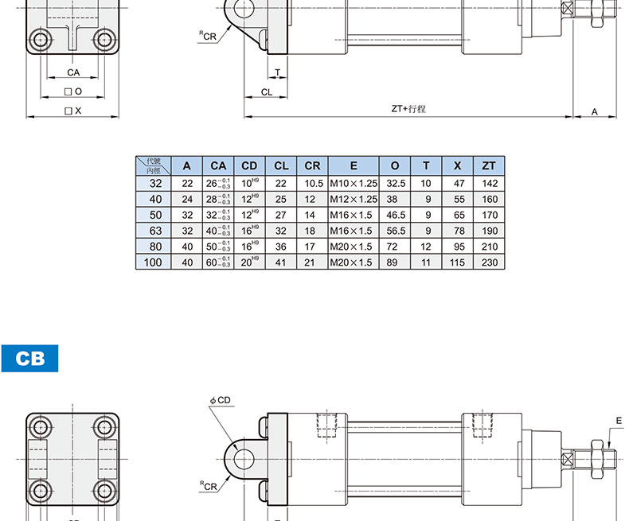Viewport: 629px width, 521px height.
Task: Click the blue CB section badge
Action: pos(29,358)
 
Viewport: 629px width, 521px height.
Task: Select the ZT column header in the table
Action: pos(489,166)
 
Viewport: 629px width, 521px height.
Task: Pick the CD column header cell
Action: pos(249,166)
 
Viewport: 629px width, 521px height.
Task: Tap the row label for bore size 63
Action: pos(155,231)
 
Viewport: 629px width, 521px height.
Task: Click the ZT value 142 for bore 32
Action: pos(490,184)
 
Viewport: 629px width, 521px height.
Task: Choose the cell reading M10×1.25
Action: pos(354,184)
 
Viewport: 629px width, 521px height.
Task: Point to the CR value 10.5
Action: pos(314,184)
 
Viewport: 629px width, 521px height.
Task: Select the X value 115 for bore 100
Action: pos(457,262)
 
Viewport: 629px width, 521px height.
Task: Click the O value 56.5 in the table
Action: pos(396,231)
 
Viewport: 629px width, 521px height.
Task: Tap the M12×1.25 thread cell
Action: pos(354,199)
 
